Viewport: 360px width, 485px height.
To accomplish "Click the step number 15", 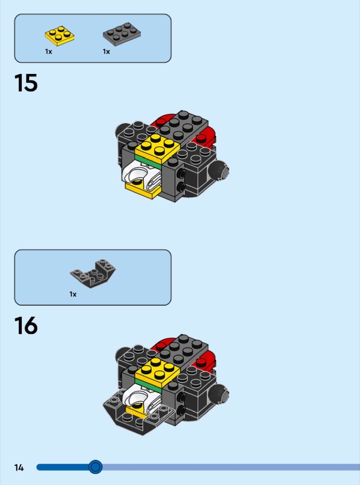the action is (26, 83).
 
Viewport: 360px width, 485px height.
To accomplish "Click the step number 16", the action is (26, 325).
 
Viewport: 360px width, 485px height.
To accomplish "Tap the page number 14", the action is (19, 467).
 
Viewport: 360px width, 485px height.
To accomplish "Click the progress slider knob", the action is (95, 467).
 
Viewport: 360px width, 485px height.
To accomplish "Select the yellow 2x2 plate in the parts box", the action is (60, 36).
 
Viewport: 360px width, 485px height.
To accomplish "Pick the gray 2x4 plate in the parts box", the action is (122, 34).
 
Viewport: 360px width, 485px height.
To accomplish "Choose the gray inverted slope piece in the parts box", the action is (93, 273).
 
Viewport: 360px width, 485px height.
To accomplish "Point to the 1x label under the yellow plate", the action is (48, 52).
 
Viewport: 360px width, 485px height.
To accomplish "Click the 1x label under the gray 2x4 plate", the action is (106, 52).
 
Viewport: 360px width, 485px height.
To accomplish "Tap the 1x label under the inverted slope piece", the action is (73, 294).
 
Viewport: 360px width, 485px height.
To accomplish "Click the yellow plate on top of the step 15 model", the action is (157, 148).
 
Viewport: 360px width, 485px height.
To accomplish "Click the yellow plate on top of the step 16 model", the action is (157, 372).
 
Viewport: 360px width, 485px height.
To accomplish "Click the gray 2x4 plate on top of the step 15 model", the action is (183, 125).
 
